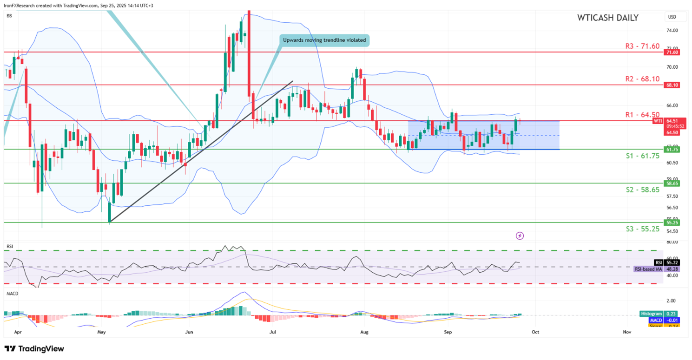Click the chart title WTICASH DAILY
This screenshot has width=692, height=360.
pyautogui.click(x=607, y=18)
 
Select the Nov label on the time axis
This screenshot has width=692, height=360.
pyautogui.click(x=627, y=333)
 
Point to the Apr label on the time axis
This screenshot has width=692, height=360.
pyautogui.click(x=18, y=333)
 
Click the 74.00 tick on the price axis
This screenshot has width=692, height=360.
pyautogui.click(x=672, y=31)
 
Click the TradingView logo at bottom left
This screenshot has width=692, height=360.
pyautogui.click(x=34, y=349)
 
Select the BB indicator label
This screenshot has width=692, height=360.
pyautogui.click(x=9, y=16)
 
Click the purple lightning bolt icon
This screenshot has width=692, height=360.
pyautogui.click(x=520, y=236)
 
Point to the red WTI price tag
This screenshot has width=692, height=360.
pyautogui.click(x=658, y=121)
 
